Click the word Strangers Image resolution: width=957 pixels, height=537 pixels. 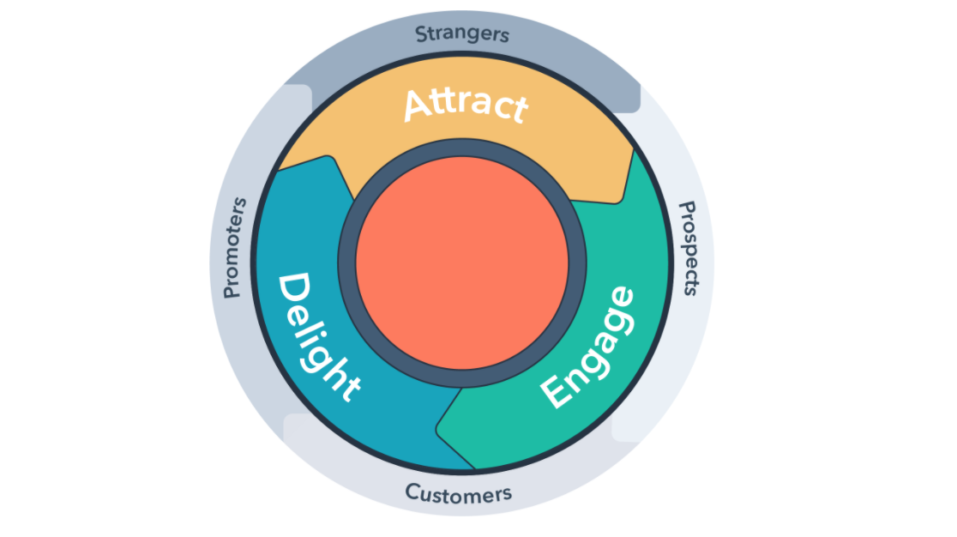click(462, 34)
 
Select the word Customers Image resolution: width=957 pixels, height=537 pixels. click(459, 493)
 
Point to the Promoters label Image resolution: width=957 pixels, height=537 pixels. click(234, 248)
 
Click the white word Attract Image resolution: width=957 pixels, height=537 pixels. click(466, 105)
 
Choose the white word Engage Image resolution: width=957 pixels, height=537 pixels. click(588, 347)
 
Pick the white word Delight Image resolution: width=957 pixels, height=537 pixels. click(318, 337)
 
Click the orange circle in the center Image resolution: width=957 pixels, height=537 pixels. click(462, 263)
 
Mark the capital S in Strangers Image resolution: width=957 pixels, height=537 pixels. click(421, 34)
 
